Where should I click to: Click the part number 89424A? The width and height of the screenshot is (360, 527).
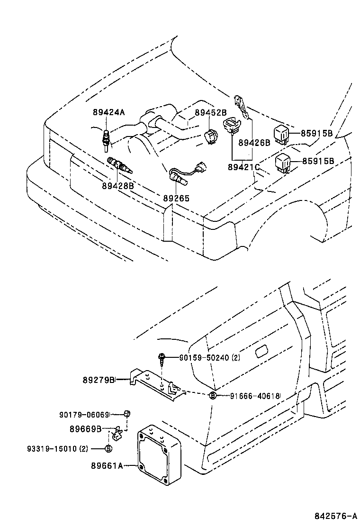point(108,112)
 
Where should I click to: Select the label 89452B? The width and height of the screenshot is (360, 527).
point(211,112)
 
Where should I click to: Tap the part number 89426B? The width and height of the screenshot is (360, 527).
point(254,142)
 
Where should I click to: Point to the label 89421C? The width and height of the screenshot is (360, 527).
point(243,167)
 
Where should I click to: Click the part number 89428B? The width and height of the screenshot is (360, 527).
point(117,186)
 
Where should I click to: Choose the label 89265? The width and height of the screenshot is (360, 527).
point(176,198)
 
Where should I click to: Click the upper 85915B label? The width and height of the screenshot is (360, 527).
point(317,133)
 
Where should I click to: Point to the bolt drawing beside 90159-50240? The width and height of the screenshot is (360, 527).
point(162,358)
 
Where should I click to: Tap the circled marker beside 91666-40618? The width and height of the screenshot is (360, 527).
point(213,396)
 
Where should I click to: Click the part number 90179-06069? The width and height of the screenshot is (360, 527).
point(84,414)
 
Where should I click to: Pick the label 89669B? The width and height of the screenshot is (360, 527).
point(85,429)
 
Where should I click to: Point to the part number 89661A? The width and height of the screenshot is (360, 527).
point(107,466)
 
